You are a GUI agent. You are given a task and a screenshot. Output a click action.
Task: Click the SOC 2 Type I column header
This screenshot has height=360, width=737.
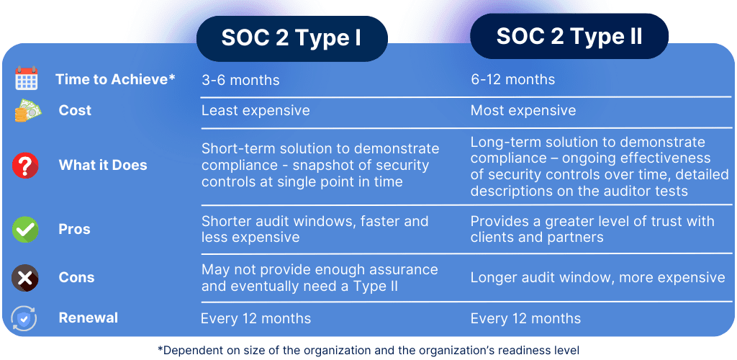tap(291, 39)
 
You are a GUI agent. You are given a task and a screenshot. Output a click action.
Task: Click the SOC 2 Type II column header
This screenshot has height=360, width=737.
tap(569, 37)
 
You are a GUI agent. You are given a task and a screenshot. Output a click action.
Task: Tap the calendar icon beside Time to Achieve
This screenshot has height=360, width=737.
tap(27, 78)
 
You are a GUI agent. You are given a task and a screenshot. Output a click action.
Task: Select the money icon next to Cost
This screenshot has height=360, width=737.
tap(27, 111)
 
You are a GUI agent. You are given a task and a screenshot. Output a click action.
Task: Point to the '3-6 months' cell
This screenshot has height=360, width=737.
tap(240, 79)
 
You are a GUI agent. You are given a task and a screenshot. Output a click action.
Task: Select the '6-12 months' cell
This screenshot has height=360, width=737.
tap(512, 79)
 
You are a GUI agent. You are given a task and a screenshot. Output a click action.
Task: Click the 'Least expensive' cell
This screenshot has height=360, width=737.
tap(256, 110)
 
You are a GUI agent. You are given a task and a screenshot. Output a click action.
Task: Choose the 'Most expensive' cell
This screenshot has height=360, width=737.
tap(523, 110)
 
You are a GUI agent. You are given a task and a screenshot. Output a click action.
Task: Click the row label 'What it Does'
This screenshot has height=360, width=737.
tap(103, 165)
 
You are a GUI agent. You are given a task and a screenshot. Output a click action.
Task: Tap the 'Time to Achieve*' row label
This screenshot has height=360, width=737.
tap(115, 79)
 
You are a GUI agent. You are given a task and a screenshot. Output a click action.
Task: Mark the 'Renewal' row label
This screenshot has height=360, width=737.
tap(89, 318)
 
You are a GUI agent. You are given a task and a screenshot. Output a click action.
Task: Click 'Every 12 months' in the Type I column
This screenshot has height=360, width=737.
tap(256, 318)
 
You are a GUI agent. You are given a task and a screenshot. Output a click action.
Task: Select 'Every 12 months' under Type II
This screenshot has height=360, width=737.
tap(525, 318)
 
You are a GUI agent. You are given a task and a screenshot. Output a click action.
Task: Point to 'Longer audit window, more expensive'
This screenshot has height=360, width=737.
tap(597, 277)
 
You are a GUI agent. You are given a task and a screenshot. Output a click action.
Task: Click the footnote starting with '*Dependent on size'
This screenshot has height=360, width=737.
tap(368, 350)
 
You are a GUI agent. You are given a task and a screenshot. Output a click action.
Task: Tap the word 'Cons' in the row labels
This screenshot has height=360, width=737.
tap(76, 277)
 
